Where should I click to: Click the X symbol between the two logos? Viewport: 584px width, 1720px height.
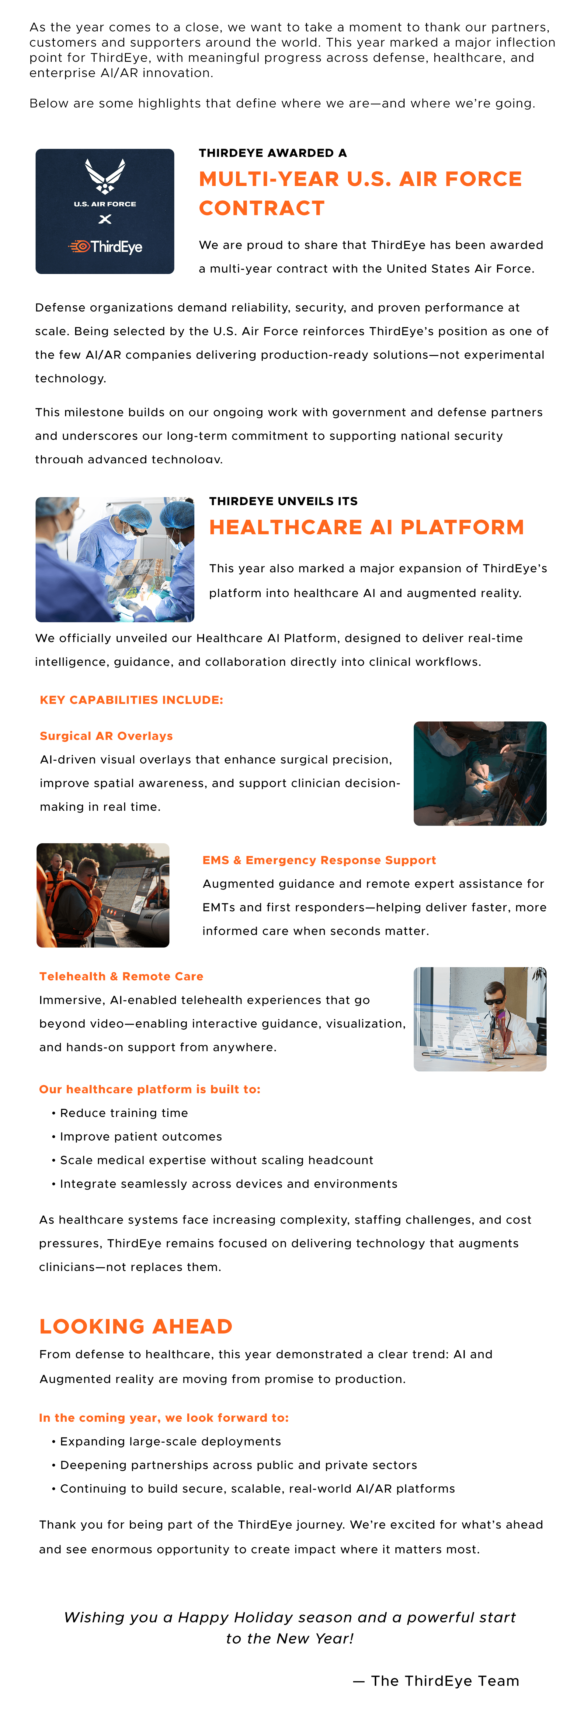[x=105, y=219]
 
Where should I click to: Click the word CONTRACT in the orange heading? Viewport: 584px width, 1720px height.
[x=262, y=208]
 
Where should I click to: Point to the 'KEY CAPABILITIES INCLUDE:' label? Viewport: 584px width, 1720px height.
[x=131, y=700]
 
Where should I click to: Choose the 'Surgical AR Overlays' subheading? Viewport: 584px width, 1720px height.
[x=106, y=736]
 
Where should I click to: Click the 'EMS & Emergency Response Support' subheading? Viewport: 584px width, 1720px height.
[x=319, y=860]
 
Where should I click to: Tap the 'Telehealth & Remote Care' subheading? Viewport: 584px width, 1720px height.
[x=121, y=976]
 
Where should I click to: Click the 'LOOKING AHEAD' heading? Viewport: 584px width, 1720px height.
[x=135, y=1326]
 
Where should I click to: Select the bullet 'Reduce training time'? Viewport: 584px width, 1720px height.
[x=123, y=1113]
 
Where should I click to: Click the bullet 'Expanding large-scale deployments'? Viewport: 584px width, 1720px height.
[x=170, y=1441]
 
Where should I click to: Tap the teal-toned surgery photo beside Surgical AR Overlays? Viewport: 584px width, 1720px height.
[x=480, y=773]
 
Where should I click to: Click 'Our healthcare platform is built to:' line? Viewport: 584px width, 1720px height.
[x=150, y=1089]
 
